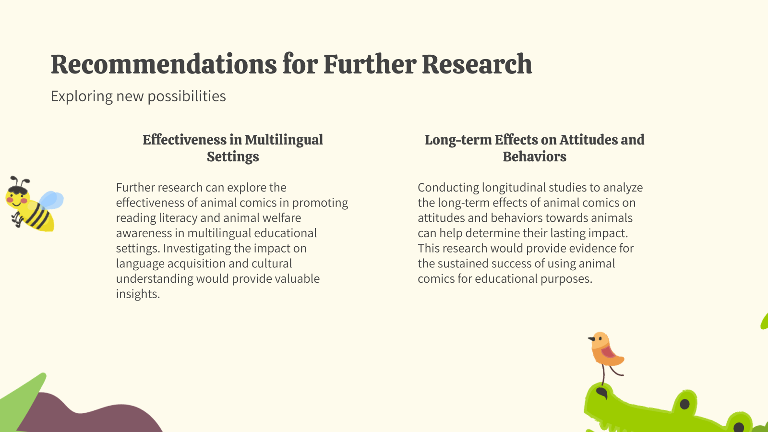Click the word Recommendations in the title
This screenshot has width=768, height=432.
tap(164, 65)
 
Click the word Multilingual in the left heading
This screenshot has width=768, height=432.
tap(284, 140)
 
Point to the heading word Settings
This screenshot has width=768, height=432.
tap(233, 156)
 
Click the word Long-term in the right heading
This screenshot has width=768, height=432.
tap(458, 140)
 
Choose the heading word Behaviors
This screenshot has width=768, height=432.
tap(534, 156)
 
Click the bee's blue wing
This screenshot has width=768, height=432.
tap(51, 200)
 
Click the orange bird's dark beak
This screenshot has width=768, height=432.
tap(591, 339)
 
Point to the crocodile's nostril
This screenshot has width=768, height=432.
tap(602, 394)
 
